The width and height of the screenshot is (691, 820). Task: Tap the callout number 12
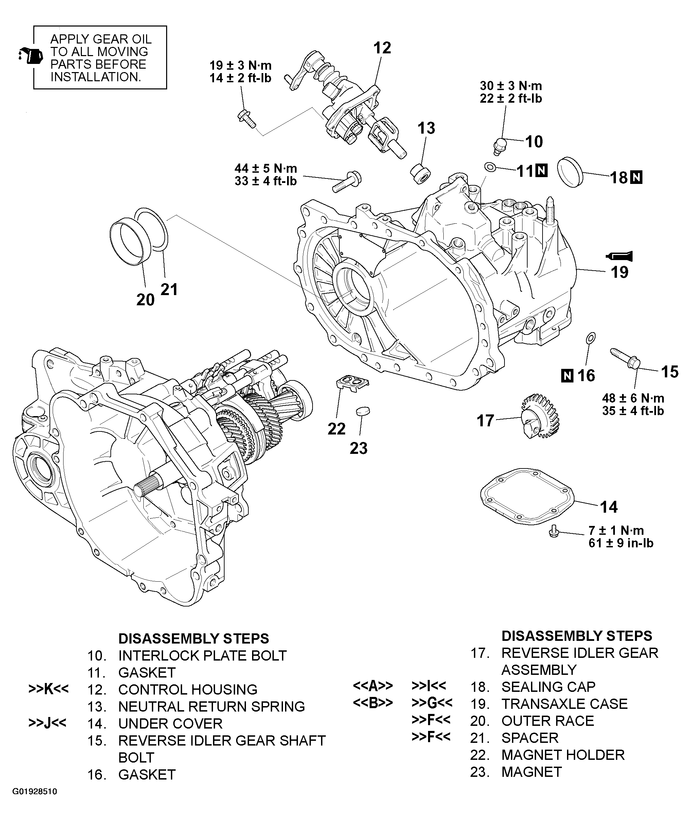click(x=382, y=48)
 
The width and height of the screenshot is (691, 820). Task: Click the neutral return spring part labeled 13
click(x=420, y=174)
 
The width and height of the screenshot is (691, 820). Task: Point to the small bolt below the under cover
click(x=553, y=531)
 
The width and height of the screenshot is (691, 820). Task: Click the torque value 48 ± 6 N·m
click(x=633, y=398)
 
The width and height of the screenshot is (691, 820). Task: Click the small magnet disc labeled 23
click(x=362, y=411)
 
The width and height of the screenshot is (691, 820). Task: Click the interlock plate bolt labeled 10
click(x=499, y=145)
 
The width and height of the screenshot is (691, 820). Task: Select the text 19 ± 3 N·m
click(x=241, y=65)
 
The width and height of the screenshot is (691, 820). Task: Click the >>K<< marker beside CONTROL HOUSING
click(x=49, y=689)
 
